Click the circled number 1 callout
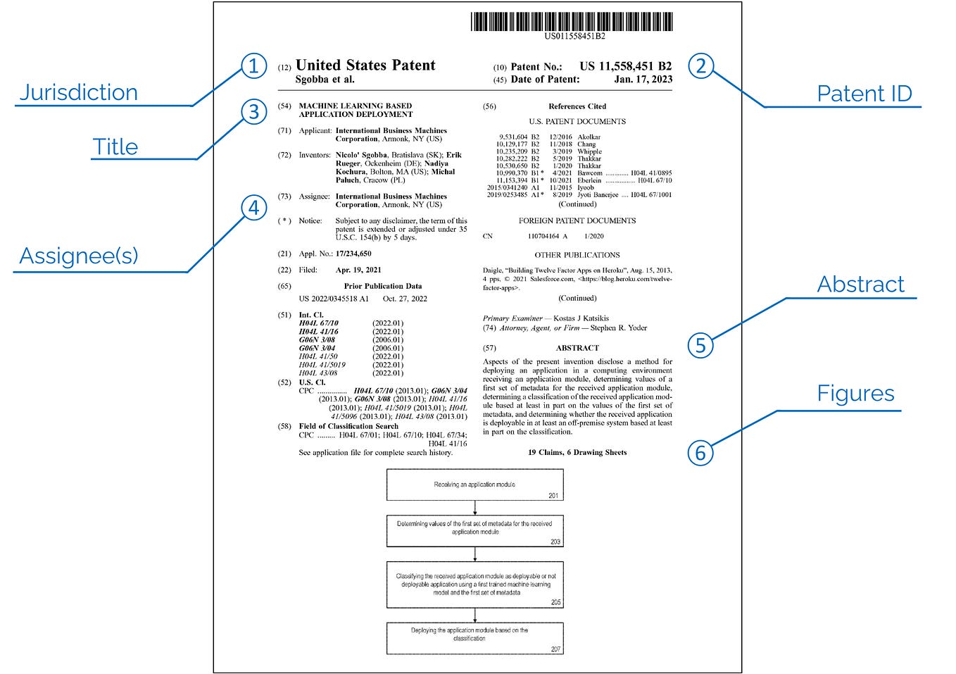tap(254, 66)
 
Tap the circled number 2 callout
tap(700, 66)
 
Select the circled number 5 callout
tap(700, 345)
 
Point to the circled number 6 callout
tap(700, 453)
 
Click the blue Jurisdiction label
tap(78, 92)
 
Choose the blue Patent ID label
tap(864, 94)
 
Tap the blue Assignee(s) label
tap(79, 256)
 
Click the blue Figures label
tap(855, 394)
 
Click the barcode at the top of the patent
tap(572, 21)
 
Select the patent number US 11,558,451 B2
tap(625, 66)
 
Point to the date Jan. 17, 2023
tap(643, 80)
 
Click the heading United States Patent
tap(365, 65)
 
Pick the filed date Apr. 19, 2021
tap(358, 270)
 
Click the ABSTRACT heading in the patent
tap(577, 348)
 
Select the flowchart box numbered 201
tap(474, 485)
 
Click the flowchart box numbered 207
tap(474, 638)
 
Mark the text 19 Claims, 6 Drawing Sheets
tap(577, 453)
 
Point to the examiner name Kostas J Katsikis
tap(581, 318)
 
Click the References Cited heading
tap(577, 106)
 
